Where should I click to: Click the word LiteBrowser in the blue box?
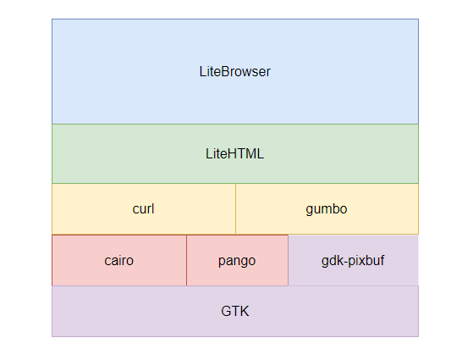(234, 72)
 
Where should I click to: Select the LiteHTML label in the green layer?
(234, 154)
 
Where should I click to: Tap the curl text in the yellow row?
(143, 208)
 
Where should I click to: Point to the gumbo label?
(327, 208)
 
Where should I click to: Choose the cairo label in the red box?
(118, 260)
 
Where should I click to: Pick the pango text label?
(237, 260)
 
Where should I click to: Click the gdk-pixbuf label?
(353, 260)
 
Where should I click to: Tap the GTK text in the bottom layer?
(234, 312)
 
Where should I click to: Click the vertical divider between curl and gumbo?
(235, 208)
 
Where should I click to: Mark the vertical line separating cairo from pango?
(186, 260)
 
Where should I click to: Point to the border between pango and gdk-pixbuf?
(289, 260)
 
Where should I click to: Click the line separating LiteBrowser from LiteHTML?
(234, 124)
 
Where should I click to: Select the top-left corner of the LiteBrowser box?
(52, 19)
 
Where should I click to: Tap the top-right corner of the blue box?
(418, 19)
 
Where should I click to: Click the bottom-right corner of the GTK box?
(418, 336)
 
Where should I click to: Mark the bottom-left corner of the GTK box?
(52, 336)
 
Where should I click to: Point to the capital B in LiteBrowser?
(225, 72)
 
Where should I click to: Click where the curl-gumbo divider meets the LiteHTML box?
(235, 183)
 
